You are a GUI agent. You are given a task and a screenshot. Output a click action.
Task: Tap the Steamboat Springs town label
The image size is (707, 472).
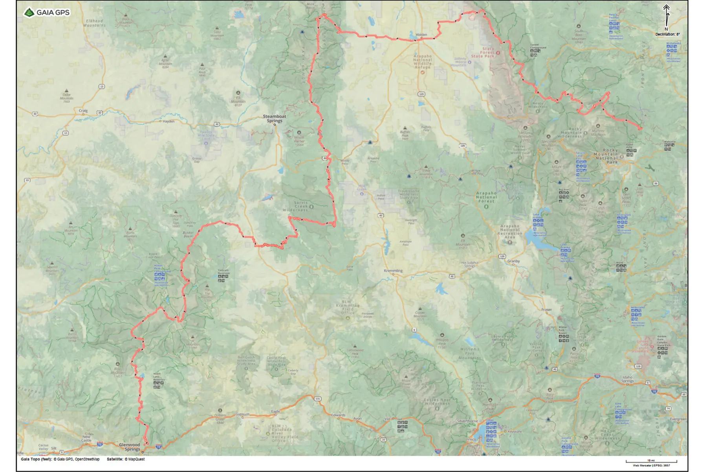coord(275,118)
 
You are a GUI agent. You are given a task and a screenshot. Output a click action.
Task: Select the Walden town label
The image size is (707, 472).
coord(421,35)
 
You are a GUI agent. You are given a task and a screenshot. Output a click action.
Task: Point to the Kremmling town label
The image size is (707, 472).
coord(393,271)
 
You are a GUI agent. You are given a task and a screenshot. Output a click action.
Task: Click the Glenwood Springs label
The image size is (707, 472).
coord(130,447)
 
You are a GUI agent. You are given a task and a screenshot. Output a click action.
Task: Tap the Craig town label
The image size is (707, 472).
coord(83,111)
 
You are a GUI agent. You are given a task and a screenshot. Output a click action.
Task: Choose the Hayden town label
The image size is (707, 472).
coord(169,121)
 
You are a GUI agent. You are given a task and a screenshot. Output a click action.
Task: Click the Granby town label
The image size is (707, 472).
coord(513,261)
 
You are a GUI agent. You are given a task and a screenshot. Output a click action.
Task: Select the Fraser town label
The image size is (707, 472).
coord(546,310)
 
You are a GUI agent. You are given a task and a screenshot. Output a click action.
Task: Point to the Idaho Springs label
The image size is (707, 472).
coord(627,379)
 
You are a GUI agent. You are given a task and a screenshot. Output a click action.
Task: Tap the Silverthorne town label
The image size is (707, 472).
coord(467,421)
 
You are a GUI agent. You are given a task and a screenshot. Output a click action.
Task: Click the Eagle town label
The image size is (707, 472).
coord(276,411)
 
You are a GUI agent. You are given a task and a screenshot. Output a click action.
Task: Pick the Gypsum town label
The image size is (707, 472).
coord(242,414)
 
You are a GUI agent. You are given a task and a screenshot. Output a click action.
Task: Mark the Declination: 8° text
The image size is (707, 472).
coord(667,35)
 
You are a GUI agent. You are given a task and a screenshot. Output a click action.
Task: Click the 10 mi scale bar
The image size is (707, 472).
coord(651,461)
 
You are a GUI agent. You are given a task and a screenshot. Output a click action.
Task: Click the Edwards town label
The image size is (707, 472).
coord(338,415)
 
